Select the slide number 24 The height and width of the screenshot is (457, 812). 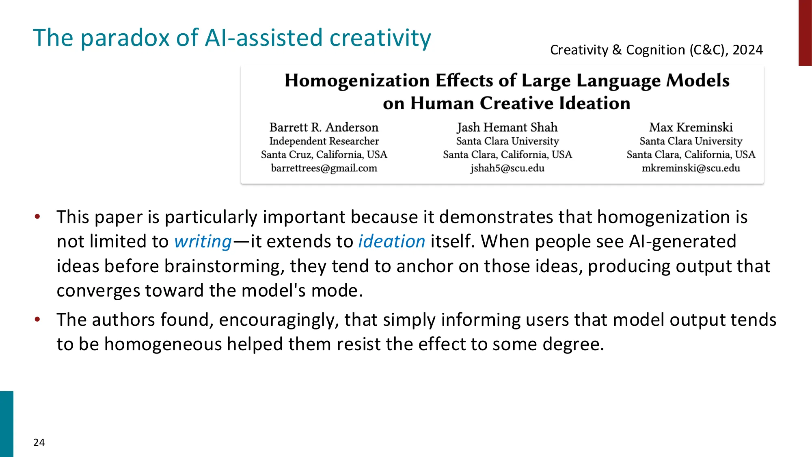[39, 442]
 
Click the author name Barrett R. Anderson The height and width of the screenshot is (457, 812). [324, 127]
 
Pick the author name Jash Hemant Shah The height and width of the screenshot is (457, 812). [507, 127]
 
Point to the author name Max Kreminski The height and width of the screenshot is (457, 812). [691, 127]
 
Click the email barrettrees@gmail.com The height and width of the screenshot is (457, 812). [324, 168]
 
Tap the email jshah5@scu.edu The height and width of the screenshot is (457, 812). [507, 168]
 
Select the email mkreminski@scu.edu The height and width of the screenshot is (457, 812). [691, 168]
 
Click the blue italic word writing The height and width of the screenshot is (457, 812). [203, 242]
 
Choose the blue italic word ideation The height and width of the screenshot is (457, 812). [391, 242]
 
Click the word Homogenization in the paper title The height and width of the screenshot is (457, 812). [357, 80]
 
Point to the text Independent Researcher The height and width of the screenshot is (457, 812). [324, 141]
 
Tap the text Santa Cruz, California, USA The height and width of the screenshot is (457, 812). [324, 155]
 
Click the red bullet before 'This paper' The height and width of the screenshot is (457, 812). [37, 217]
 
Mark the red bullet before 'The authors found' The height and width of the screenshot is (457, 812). [37, 319]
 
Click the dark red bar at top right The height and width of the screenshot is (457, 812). [805, 32]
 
